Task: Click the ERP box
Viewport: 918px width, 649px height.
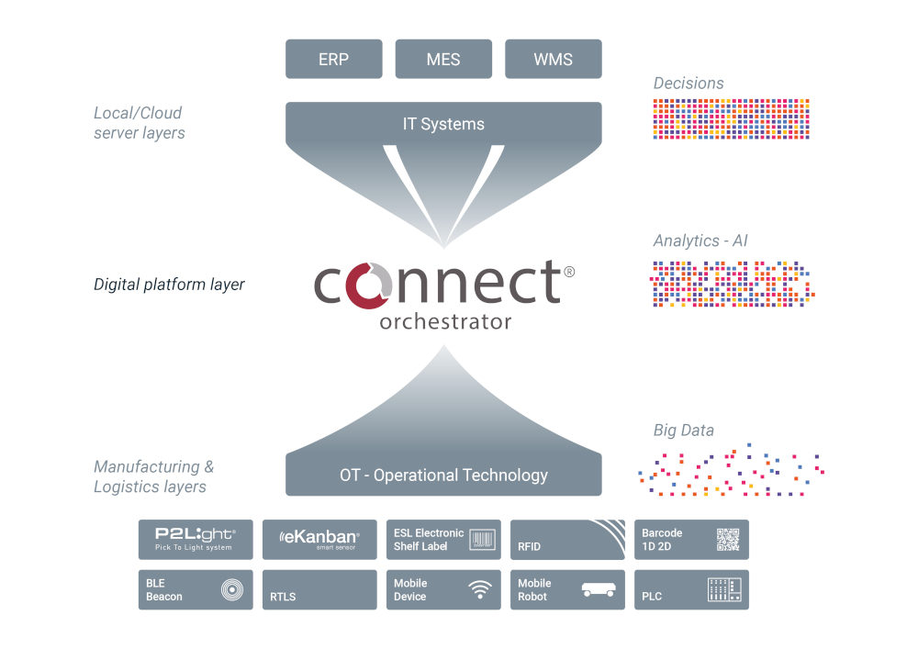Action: point(333,59)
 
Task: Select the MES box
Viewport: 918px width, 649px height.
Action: point(443,59)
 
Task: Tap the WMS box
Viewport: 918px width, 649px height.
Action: point(554,59)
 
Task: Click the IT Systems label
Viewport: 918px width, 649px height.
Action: point(443,124)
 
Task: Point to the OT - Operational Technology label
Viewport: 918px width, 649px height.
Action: point(443,476)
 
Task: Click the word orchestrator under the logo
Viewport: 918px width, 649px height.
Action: point(445,322)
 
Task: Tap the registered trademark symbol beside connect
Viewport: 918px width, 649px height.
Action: point(569,272)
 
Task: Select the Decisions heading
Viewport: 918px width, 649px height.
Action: point(688,84)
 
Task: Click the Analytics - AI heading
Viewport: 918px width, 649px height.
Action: point(699,241)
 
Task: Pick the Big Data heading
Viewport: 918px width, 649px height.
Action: point(683,431)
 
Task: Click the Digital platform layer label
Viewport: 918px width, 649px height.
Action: point(169,285)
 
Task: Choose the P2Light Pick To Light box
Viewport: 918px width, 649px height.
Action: point(196,540)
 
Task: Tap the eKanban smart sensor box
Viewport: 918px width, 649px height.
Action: point(319,540)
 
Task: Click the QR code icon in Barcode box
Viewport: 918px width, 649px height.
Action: point(728,540)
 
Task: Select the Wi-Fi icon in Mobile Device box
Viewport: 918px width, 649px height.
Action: point(480,590)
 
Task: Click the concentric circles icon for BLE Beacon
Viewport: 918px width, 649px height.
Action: point(232,590)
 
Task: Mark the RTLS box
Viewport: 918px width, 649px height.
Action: point(319,590)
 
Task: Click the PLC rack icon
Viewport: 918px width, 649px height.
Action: point(724,590)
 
